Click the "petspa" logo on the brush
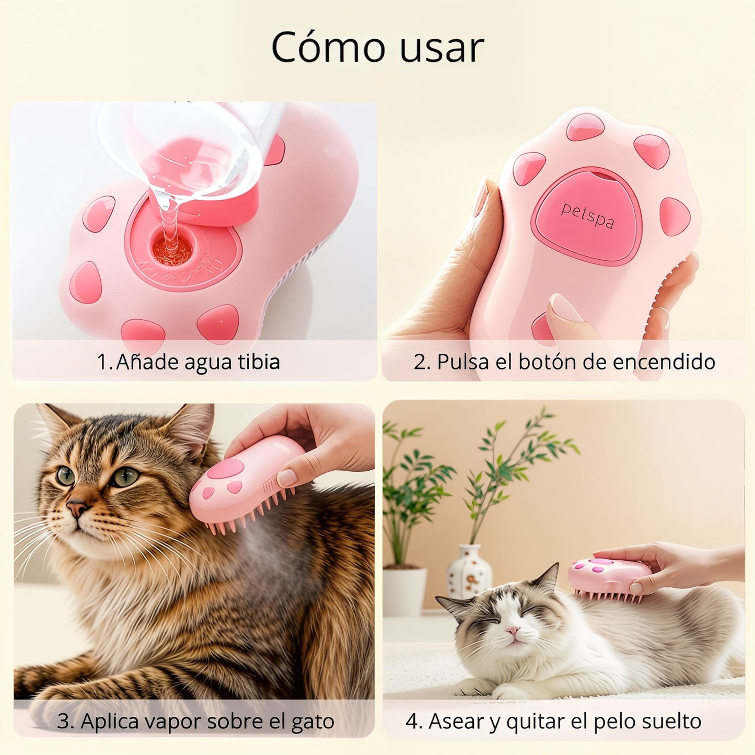click(x=587, y=215)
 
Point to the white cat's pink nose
click(x=514, y=631)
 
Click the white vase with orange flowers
click(x=469, y=571)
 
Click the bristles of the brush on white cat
click(x=606, y=596)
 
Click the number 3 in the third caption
click(x=64, y=722)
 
